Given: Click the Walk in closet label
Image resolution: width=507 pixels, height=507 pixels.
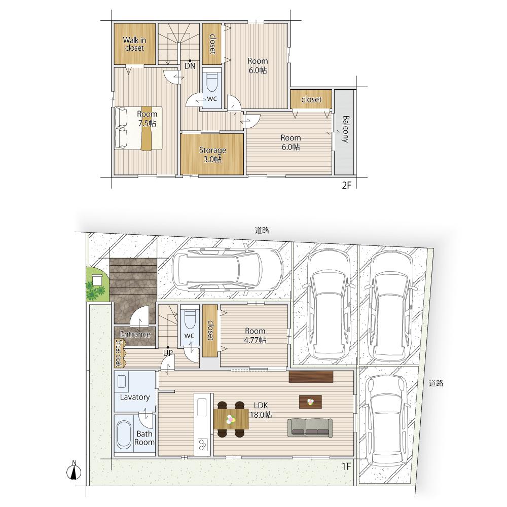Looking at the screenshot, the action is coord(134,44).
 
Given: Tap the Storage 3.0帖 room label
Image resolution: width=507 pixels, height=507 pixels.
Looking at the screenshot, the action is coord(212,155).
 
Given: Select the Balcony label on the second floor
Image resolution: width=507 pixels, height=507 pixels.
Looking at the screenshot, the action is coord(345,129).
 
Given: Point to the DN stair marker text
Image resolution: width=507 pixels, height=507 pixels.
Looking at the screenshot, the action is coord(190,66).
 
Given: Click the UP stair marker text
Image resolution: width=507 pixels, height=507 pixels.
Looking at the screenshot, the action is coord(168,353).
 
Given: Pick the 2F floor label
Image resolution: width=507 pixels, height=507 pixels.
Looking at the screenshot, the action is coord(346,186).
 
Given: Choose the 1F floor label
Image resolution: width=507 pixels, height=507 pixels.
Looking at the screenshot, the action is coord(346,466).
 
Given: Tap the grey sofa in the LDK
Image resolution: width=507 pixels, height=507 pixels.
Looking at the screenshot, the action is coord(310,428).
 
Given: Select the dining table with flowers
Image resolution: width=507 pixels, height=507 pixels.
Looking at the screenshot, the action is coord(231,419).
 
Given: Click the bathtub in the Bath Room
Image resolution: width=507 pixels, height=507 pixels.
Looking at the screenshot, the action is coord(124,434).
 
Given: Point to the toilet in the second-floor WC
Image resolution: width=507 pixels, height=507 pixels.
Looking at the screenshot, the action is coord(212,83).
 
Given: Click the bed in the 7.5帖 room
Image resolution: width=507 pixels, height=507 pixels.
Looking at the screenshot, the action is coord(138,128).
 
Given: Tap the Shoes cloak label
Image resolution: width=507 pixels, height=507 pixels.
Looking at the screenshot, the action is coord(118,353).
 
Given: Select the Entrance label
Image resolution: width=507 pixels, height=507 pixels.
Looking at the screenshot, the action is coord(135,334).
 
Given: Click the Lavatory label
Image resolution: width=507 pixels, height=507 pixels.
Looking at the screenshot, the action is coord(135,397).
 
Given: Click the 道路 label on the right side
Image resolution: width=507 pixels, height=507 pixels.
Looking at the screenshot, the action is coord(436,383).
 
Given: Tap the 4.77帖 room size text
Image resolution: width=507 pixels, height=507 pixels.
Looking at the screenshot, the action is coord(255,340).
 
